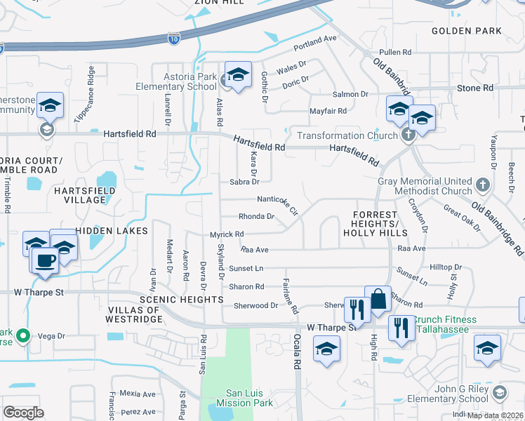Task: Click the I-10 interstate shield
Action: point(174,37)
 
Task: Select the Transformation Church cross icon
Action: point(406,135)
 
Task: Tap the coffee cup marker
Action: point(46,260)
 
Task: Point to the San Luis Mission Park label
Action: point(248,398)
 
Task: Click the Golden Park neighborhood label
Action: point(466,31)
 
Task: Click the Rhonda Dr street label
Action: point(256,217)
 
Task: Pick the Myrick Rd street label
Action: point(227,234)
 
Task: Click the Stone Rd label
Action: point(475,88)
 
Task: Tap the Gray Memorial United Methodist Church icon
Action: point(481,184)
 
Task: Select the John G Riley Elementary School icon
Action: point(499,390)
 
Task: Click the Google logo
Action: point(23,413)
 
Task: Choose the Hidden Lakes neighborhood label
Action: point(112,230)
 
